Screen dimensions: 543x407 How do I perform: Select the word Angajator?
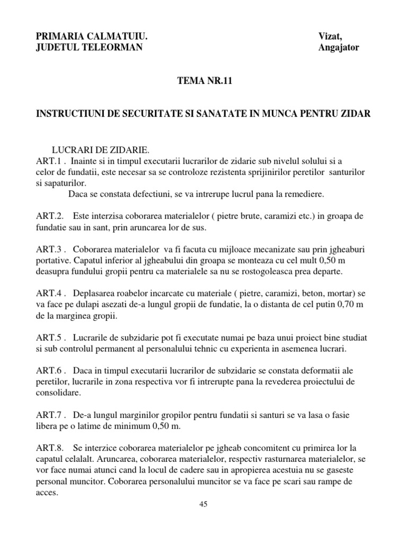pyautogui.click(x=339, y=48)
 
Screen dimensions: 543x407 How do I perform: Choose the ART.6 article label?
pyautogui.click(x=48, y=369)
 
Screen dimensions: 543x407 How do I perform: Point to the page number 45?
pyautogui.click(x=203, y=504)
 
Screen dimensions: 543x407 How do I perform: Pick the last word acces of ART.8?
pyautogui.click(x=46, y=492)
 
